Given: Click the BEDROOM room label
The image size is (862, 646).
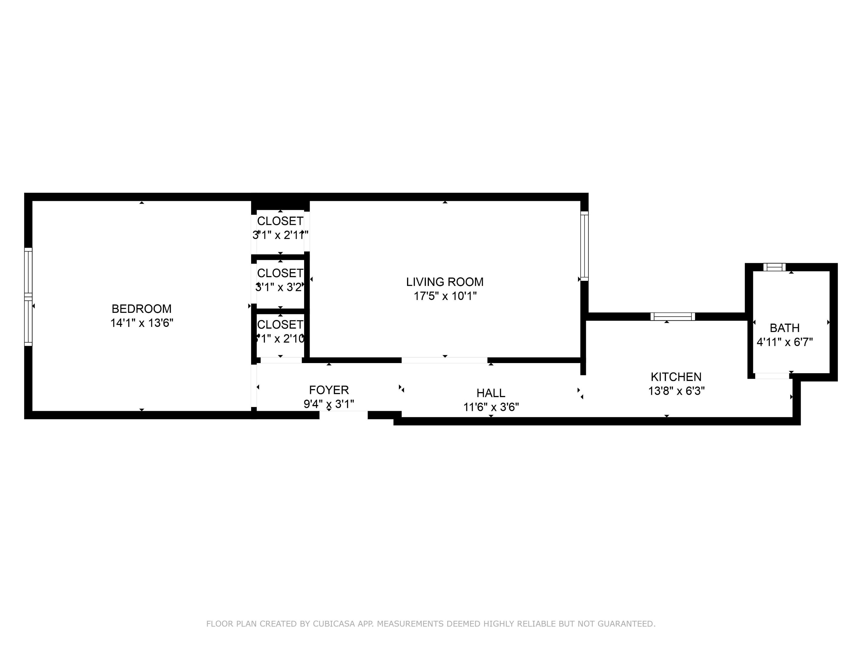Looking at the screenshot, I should [x=142, y=309].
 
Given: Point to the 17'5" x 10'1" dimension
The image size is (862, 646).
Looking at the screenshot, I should [x=445, y=296].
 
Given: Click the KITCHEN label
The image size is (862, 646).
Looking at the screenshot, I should [x=676, y=377].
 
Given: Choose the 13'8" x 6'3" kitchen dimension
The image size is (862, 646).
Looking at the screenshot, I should [x=676, y=391].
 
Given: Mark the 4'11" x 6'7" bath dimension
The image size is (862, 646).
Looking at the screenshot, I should [x=784, y=342].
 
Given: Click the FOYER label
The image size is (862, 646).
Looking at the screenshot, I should [x=329, y=390].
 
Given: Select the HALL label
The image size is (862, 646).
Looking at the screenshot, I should [x=491, y=393].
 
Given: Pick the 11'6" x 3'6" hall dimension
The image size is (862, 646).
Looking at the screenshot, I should [x=491, y=407].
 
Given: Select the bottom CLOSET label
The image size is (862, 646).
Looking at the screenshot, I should [x=280, y=324].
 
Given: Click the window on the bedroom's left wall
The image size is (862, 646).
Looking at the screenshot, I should [x=28, y=297].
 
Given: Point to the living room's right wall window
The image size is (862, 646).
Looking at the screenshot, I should [x=584, y=246].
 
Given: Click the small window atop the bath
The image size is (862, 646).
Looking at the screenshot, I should [x=774, y=267].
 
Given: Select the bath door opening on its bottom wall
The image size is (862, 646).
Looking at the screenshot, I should [x=772, y=376].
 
